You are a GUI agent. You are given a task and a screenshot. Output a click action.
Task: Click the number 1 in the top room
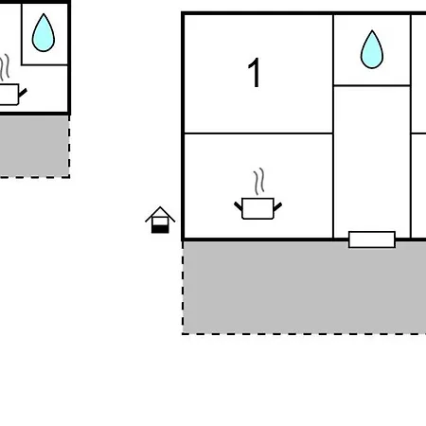coord(255,73)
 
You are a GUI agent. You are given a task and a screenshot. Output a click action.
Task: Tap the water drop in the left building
coord(44,33)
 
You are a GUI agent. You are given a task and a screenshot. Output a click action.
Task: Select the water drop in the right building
coord(372,49)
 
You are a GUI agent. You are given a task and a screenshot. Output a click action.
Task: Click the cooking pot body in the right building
coord(257,208)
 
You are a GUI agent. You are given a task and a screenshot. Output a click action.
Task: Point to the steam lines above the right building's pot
coord(258,182)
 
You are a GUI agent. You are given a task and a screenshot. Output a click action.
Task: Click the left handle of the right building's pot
coord(238,206)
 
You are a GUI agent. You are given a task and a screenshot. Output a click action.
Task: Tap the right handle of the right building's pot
coord(277,206)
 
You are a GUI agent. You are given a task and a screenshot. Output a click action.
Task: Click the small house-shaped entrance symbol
coord(160,220)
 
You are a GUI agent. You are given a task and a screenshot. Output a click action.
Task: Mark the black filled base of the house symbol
coord(160,229)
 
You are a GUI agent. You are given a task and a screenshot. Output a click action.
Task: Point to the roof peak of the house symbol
coord(160,207)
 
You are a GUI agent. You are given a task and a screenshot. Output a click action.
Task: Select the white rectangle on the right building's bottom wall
coord(372,240)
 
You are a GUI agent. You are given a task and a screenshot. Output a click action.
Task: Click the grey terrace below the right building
coord(305,287)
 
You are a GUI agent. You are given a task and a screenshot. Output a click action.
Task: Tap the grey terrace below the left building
coord(34,146)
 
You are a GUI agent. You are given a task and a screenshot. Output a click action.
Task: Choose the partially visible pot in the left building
coord(9,94)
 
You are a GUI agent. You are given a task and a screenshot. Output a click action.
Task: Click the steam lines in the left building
coord(5,67)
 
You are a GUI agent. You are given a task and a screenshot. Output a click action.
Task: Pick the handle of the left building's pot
coord(23,93)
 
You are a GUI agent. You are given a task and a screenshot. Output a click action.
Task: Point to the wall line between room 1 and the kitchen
coord(258,133)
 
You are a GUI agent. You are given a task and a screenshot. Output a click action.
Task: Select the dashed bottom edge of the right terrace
coord(304,334)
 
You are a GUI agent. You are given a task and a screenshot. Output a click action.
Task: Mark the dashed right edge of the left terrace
coord(69,146)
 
